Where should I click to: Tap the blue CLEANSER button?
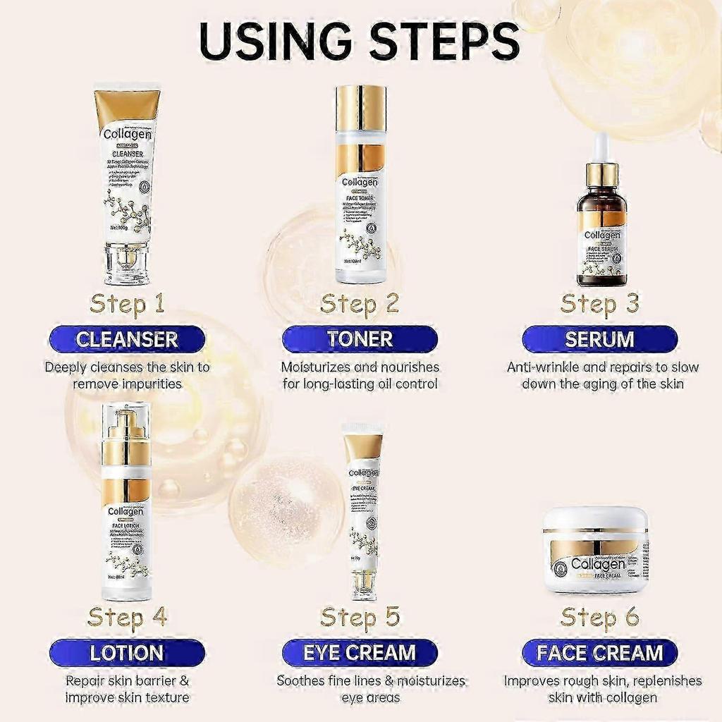[127, 339]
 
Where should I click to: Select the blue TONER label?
[360, 339]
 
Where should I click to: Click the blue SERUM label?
[599, 339]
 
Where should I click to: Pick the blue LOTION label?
[127, 653]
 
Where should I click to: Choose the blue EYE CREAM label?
[360, 653]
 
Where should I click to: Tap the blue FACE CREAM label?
[599, 653]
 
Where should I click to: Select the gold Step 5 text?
[360, 617]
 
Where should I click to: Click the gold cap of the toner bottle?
[361, 108]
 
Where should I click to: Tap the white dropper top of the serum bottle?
[601, 147]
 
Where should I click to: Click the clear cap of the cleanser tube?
[127, 264]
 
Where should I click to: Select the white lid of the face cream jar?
[596, 518]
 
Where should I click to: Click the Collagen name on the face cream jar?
[597, 563]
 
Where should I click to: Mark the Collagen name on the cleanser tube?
[127, 134]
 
